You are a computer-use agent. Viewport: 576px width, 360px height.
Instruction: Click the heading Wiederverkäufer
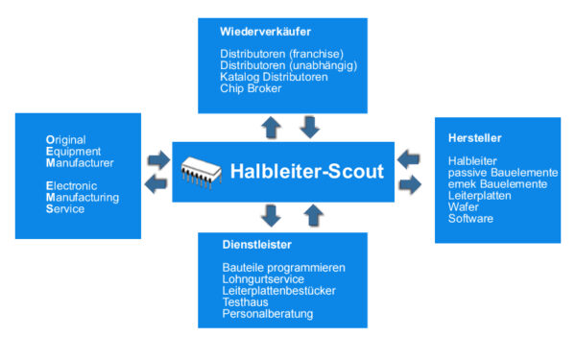265,32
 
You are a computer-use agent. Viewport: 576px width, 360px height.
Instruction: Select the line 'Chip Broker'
251,88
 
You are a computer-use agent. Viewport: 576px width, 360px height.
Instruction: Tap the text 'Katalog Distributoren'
274,77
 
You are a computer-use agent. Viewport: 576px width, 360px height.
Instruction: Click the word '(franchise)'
316,54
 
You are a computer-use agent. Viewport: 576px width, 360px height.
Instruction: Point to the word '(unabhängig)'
324,65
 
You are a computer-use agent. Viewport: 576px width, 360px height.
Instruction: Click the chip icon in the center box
202,173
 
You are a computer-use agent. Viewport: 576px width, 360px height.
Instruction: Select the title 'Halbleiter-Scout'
307,171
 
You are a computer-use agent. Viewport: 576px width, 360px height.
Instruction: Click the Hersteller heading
474,138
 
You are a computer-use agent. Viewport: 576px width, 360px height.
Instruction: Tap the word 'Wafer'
464,207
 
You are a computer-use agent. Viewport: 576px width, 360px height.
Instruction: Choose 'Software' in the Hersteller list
470,219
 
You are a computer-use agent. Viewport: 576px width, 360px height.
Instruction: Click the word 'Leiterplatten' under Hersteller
479,196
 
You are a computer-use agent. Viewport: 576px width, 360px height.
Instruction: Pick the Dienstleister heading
256,245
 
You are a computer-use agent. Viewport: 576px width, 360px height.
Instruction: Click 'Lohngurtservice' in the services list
263,279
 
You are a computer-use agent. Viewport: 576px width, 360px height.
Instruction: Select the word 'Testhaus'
245,302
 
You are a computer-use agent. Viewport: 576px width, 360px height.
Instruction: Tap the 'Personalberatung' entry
268,314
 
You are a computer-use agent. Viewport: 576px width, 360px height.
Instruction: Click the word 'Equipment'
73,152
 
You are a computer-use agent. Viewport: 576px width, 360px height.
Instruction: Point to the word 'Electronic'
71,186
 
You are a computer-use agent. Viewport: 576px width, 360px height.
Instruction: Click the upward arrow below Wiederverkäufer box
271,128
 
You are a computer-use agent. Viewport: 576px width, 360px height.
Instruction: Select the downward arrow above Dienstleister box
271,216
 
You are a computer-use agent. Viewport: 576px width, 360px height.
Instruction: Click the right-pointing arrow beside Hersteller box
410,184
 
